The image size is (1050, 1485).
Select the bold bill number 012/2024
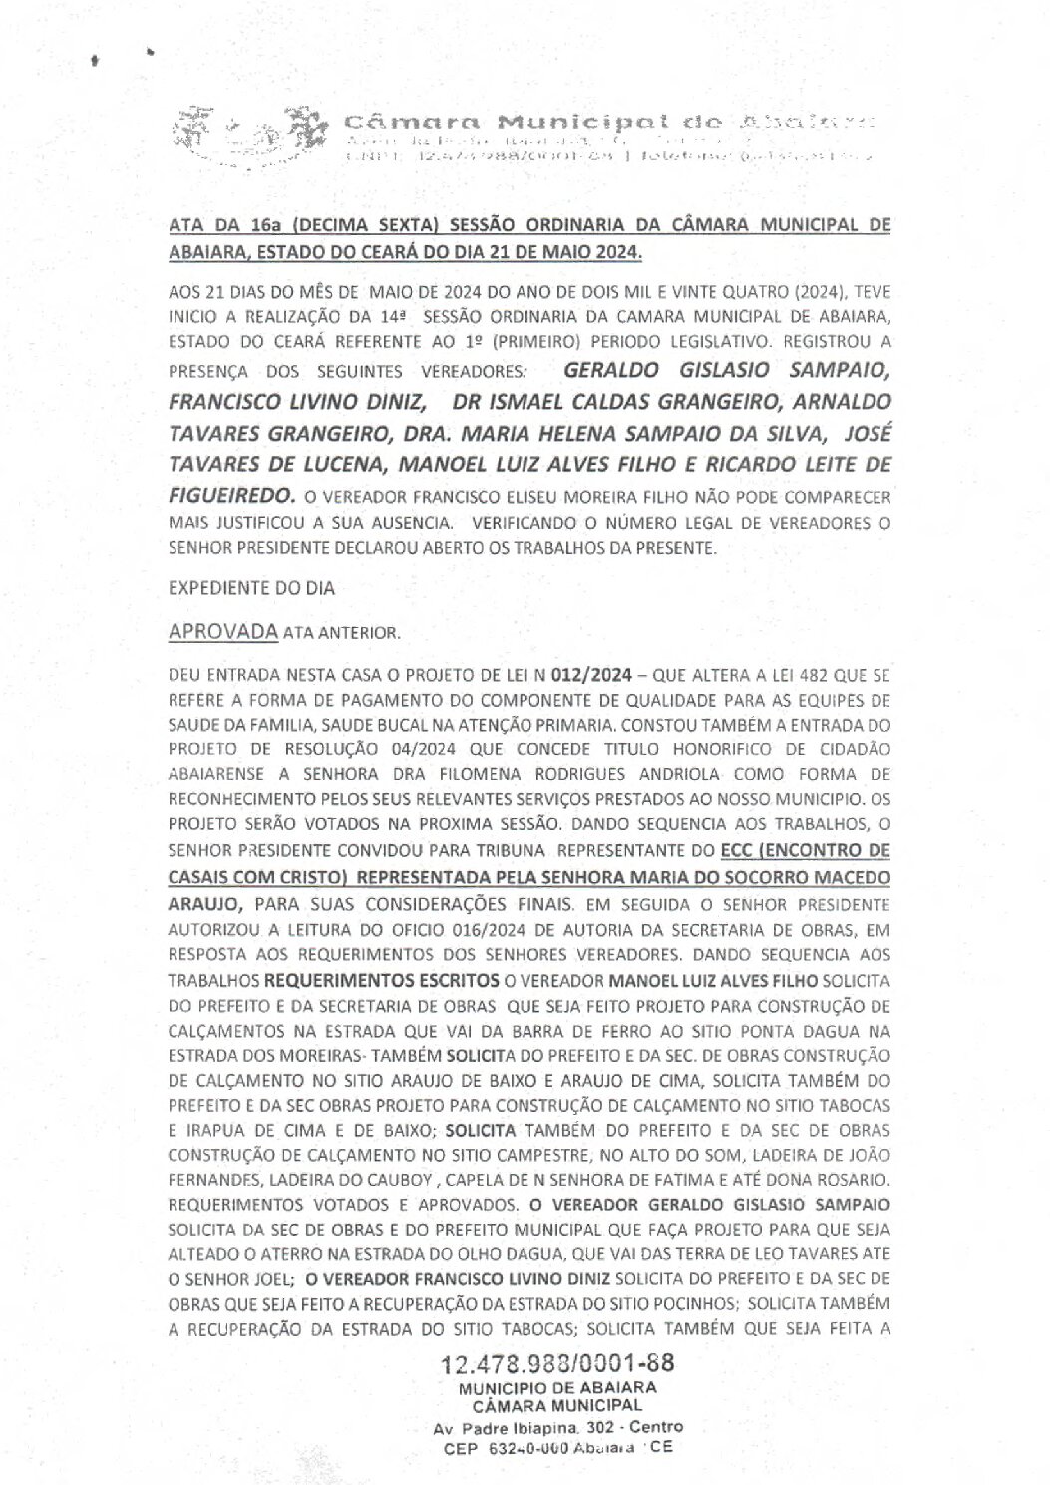tap(593, 676)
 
